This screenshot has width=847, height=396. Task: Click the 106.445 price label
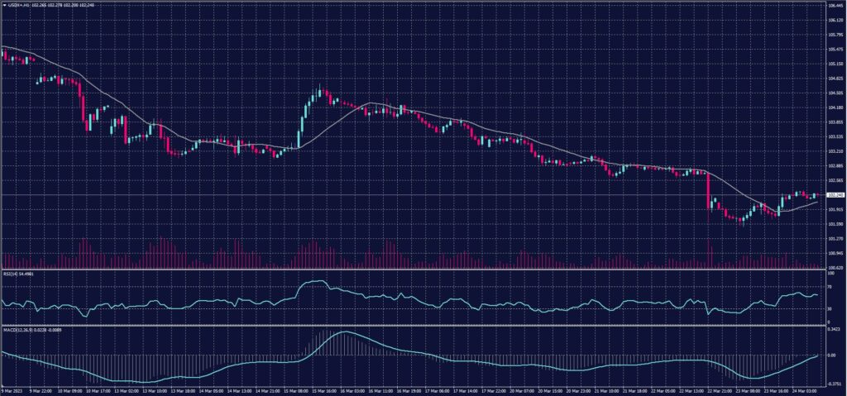835,5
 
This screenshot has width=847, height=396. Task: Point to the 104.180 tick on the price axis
835,107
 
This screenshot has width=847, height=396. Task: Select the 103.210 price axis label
835,151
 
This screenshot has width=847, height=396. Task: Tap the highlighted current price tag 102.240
835,195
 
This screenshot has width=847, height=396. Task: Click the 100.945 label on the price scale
835,253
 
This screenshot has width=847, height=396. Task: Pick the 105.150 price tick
835,64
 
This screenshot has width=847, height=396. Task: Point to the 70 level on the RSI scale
830,286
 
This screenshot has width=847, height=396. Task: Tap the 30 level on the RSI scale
830,309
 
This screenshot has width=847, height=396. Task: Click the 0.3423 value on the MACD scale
835,329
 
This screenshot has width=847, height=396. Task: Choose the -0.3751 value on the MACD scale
835,384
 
